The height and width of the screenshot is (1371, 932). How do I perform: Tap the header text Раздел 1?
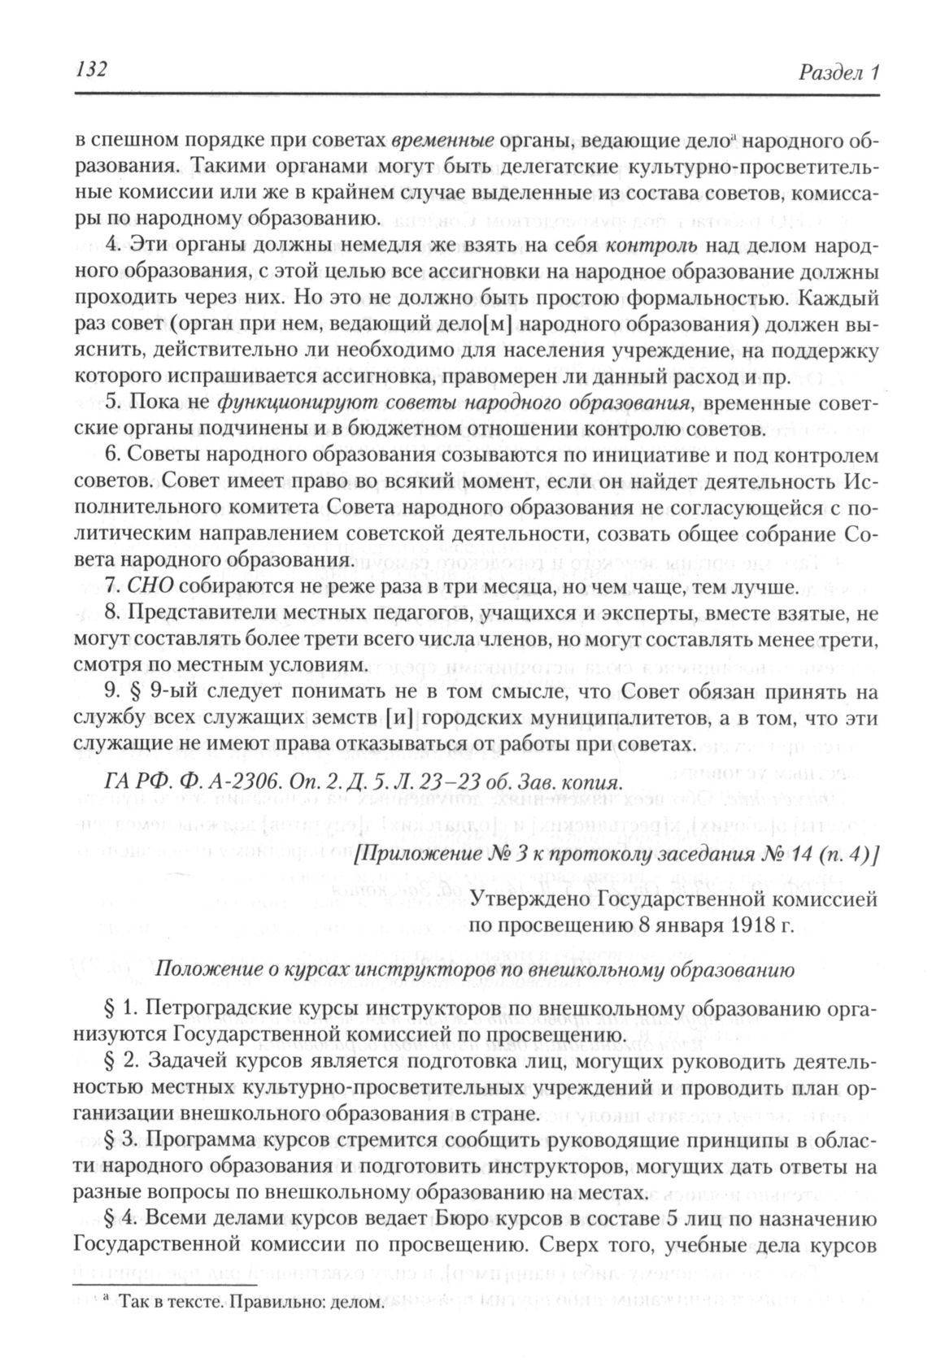tap(838, 72)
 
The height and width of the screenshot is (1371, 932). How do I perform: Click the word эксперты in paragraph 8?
tap(641, 613)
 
